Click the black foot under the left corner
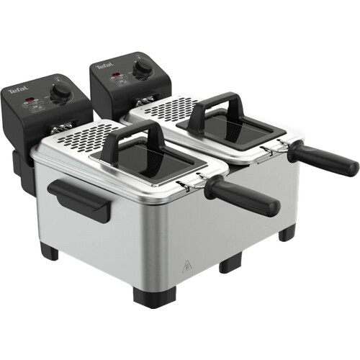pos(49,252)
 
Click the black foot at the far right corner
pos(287,233)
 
